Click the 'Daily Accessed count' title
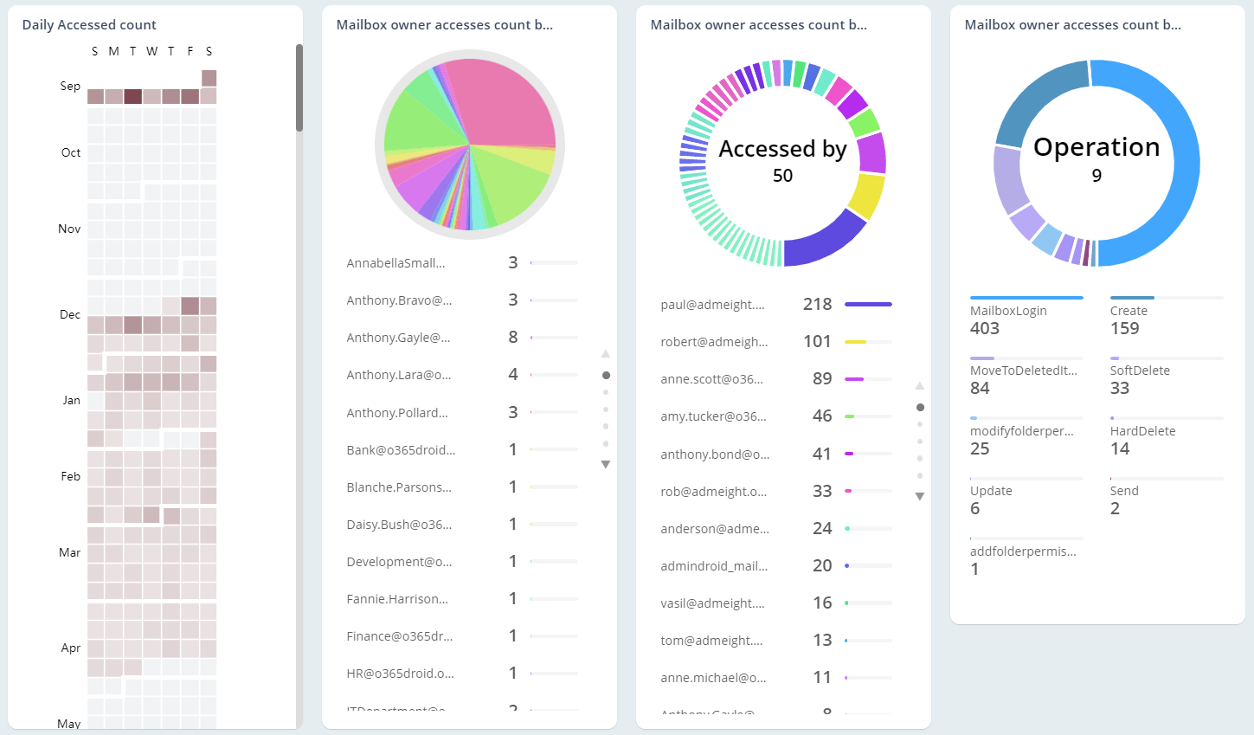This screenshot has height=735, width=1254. point(89,25)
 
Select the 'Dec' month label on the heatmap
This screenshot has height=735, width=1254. point(70,314)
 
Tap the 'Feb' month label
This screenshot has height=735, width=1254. point(71,476)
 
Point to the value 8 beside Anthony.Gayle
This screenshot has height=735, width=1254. point(513,337)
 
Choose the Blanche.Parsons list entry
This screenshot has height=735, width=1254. point(399,487)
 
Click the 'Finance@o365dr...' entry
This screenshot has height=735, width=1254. point(400,636)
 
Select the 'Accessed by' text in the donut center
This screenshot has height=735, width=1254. point(782,149)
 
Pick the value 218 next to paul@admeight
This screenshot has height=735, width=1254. point(817,304)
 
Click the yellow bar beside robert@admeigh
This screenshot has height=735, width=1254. point(856,342)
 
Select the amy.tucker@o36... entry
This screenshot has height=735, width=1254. point(713,416)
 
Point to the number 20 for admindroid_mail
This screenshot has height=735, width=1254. point(822,565)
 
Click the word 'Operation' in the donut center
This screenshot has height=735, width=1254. point(1096,147)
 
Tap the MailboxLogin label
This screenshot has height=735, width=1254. point(1008,311)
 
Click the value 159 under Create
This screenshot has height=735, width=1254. point(1124,328)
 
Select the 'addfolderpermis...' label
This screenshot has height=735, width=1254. point(1023,551)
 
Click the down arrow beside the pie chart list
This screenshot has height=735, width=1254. point(606,465)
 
